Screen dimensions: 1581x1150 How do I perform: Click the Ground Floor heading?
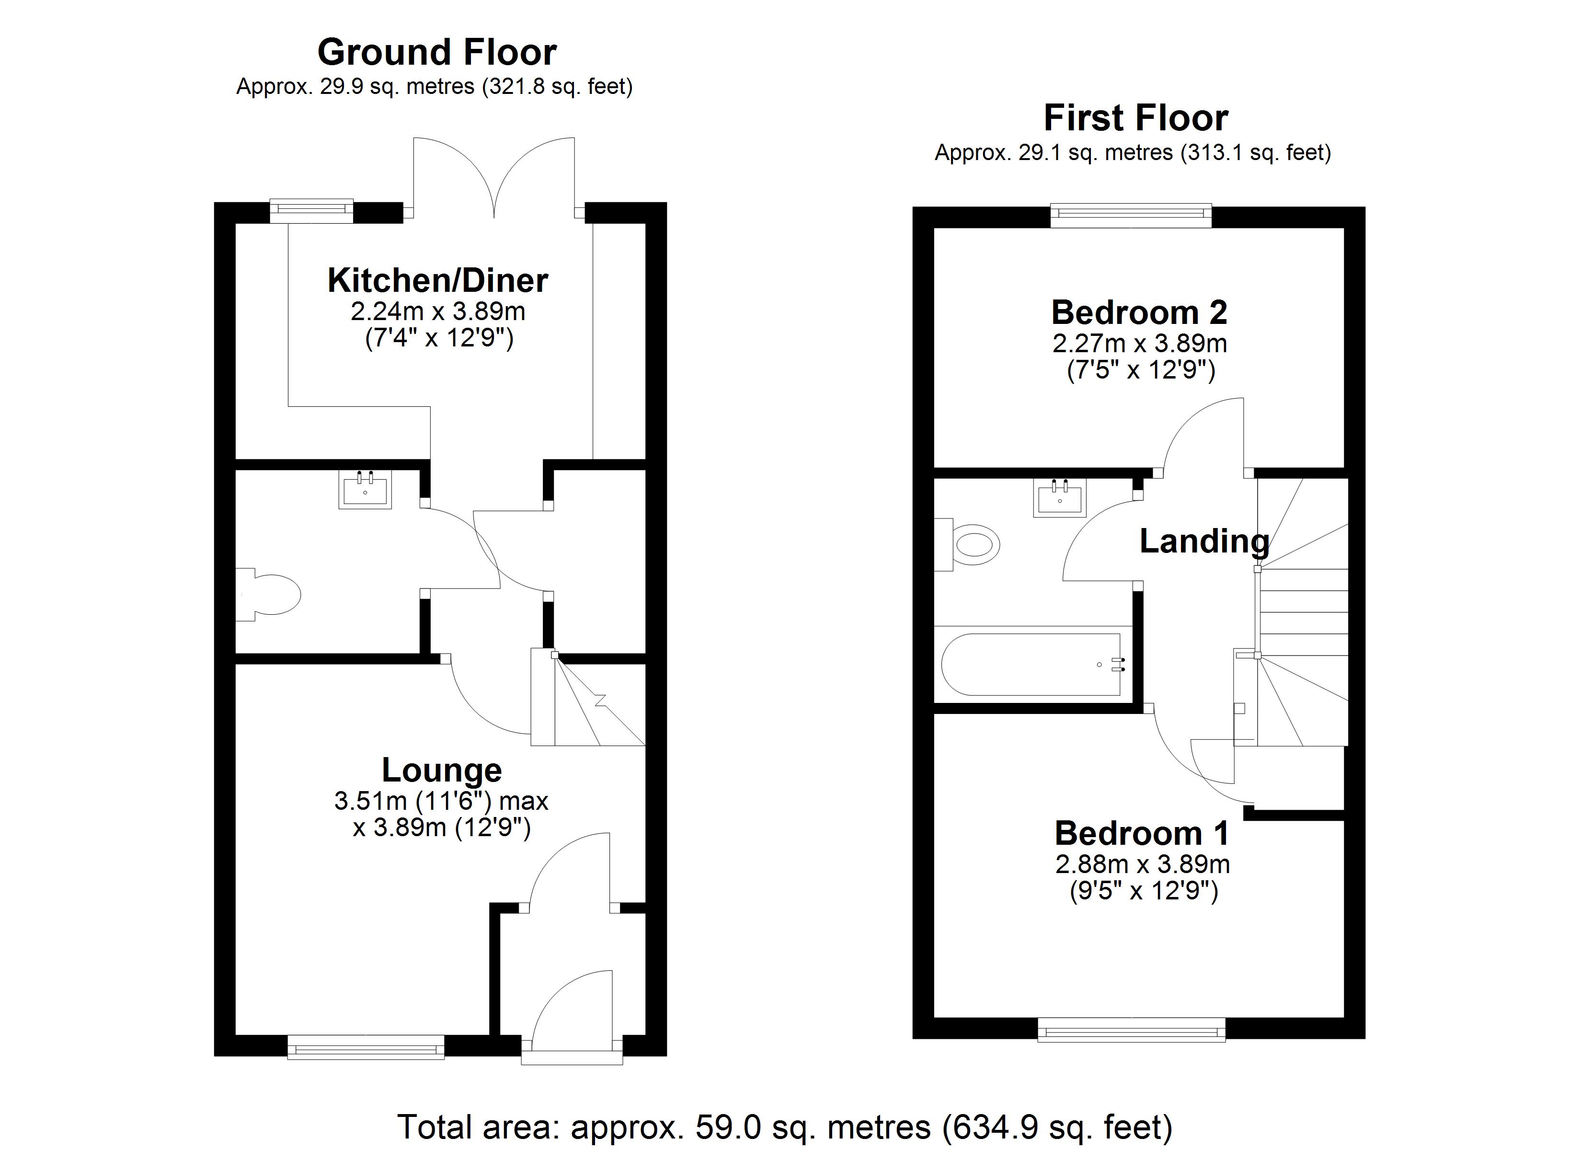pyautogui.click(x=437, y=52)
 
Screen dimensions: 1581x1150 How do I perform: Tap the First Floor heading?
pyautogui.click(x=1135, y=118)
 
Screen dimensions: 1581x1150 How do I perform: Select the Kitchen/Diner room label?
pyautogui.click(x=438, y=280)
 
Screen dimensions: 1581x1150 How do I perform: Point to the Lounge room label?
pyautogui.click(x=442, y=770)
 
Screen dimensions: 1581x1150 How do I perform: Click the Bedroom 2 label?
pyautogui.click(x=1139, y=312)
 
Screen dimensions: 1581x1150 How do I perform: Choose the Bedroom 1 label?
pyautogui.click(x=1141, y=833)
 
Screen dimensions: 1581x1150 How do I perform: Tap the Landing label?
pyautogui.click(x=1204, y=541)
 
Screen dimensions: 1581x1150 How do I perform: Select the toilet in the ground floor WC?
pyautogui.click(x=268, y=594)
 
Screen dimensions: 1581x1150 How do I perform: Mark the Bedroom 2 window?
pyautogui.click(x=1131, y=215)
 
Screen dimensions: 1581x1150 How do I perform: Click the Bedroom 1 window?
pyautogui.click(x=1132, y=1029)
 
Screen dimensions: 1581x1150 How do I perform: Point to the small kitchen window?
pyautogui.click(x=311, y=211)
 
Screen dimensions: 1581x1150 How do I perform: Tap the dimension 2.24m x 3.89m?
pyautogui.click(x=438, y=311)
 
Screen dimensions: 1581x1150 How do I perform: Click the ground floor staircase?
pyautogui.click(x=588, y=697)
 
